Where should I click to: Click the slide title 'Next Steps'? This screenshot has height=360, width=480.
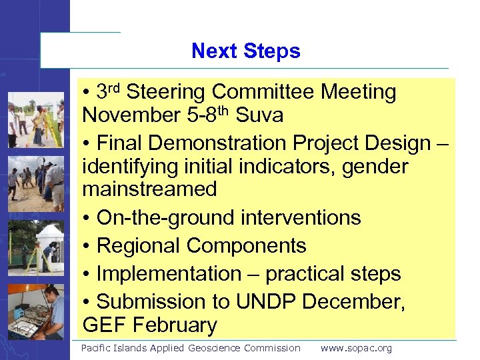(x=245, y=51)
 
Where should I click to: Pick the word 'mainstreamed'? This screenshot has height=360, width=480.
(x=149, y=189)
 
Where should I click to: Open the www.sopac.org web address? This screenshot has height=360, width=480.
(x=356, y=348)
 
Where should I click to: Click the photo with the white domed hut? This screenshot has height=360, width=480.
(x=36, y=248)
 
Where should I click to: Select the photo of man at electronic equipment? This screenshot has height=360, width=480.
(x=36, y=312)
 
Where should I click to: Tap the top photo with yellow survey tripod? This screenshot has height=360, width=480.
(x=36, y=120)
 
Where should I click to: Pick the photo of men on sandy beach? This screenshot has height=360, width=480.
(x=36, y=183)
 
